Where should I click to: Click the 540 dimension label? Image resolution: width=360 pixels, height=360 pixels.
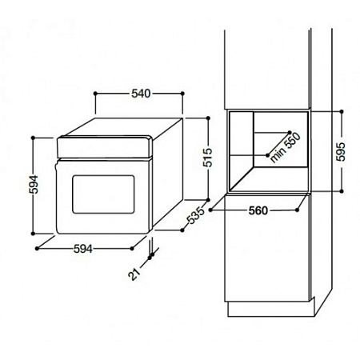(141, 94)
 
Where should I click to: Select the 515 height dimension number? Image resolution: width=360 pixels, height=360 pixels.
(208, 158)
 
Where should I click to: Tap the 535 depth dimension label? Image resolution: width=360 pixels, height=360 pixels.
(196, 215)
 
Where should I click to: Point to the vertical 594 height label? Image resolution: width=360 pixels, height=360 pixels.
(34, 184)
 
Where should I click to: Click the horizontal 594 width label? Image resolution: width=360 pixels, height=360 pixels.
(83, 249)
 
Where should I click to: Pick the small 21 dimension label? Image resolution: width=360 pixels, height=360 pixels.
(134, 274)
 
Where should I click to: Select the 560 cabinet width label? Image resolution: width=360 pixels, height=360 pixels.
(258, 210)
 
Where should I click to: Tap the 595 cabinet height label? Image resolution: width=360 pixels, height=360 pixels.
(341, 152)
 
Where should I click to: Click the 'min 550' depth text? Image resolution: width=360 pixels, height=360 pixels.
(285, 147)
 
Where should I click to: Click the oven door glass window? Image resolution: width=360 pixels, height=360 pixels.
(103, 194)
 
